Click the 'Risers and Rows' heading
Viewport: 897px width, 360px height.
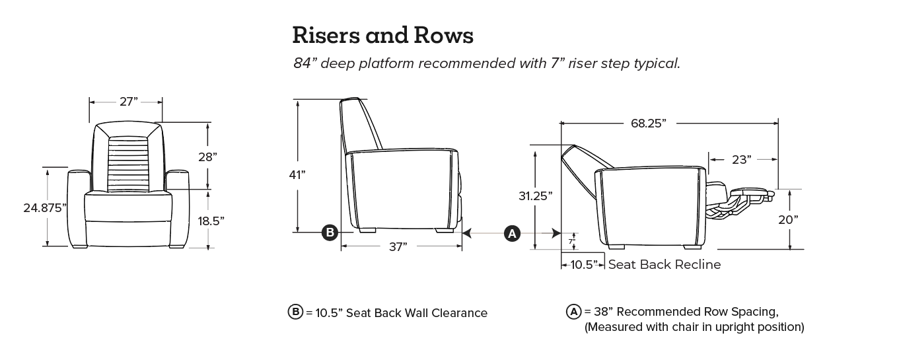tap(382, 36)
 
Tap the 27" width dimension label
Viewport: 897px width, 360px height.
tap(129, 102)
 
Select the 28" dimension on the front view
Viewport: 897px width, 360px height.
tap(207, 157)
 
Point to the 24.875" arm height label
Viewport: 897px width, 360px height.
tap(46, 207)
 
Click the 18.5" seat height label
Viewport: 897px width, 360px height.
tap(211, 221)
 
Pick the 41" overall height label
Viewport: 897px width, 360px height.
tap(297, 175)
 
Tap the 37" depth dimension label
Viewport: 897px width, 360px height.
tap(397, 246)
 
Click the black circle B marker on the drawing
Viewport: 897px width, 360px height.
tap(330, 233)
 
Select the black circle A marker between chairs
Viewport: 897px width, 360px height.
tap(512, 233)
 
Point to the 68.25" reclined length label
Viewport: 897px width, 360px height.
tap(648, 123)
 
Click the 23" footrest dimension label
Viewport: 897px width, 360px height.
tap(741, 159)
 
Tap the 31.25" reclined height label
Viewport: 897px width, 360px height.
tap(535, 196)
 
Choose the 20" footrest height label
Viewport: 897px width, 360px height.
tap(788, 219)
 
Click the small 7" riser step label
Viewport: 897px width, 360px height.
tap(571, 242)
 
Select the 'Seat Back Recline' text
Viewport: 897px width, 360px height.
tap(664, 265)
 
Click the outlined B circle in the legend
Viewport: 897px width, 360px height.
tap(295, 312)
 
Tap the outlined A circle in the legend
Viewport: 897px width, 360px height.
tap(573, 312)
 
